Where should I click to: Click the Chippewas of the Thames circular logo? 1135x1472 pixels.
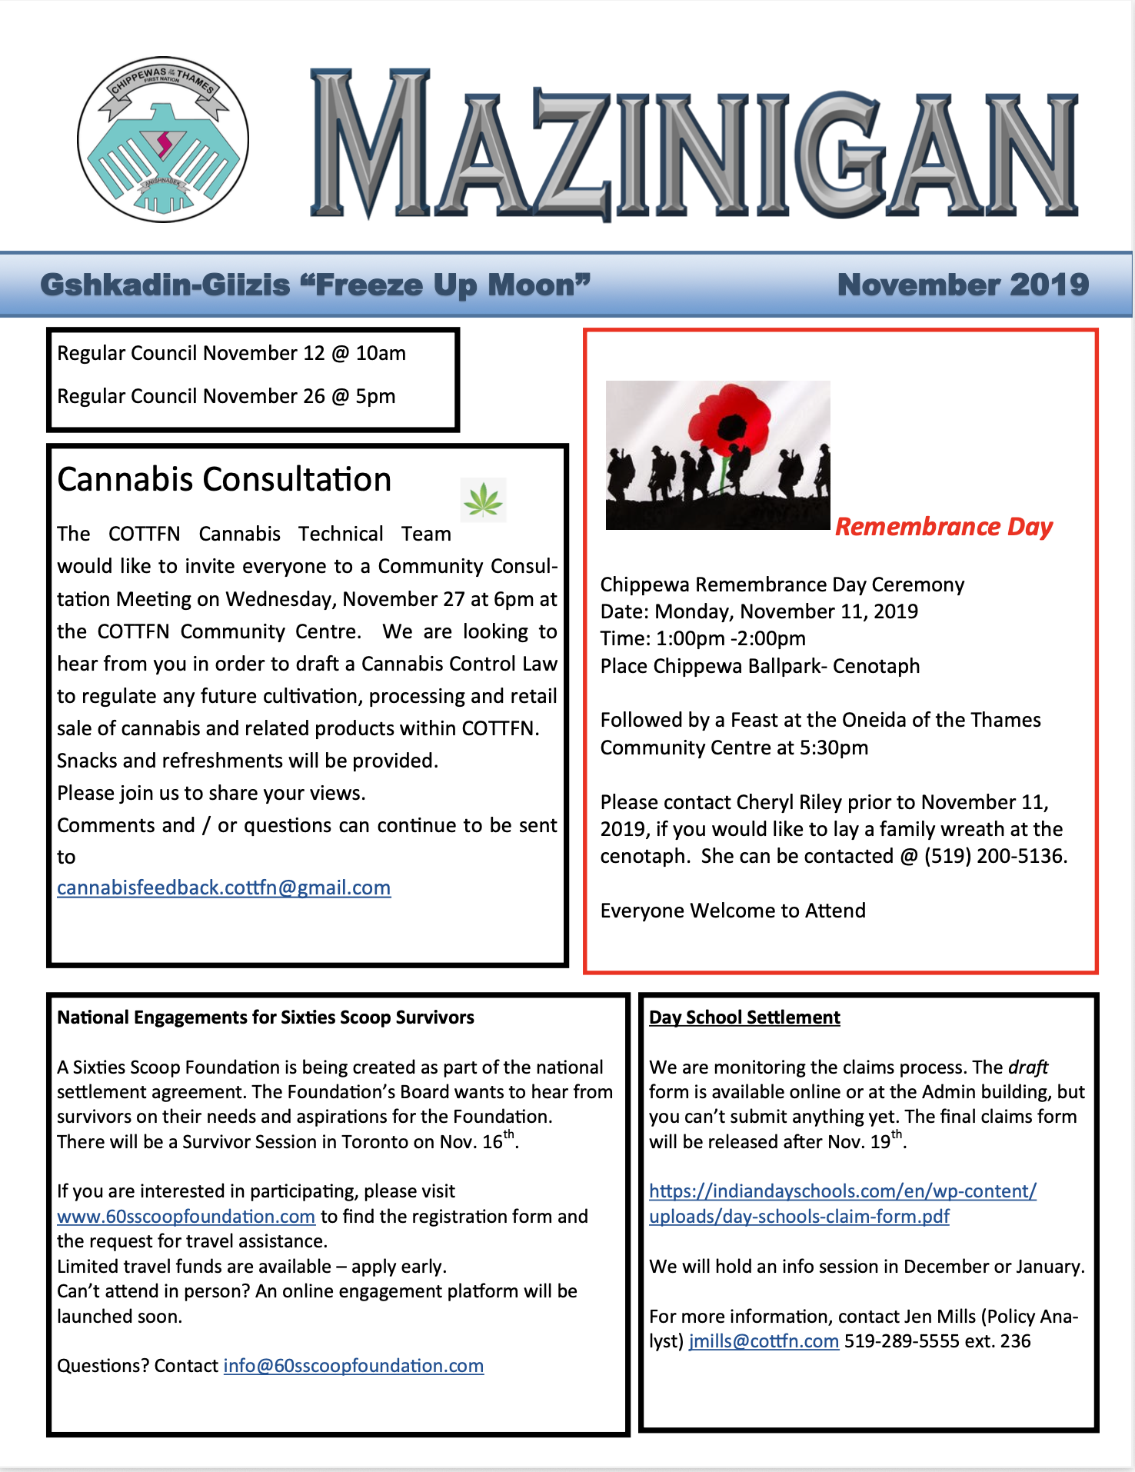(163, 140)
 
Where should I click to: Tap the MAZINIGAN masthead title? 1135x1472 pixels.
(694, 146)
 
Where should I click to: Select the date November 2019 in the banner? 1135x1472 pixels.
(963, 285)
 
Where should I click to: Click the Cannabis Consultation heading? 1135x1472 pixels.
(225, 479)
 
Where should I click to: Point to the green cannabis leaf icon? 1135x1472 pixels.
(483, 499)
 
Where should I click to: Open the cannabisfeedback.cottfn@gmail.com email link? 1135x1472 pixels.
(224, 888)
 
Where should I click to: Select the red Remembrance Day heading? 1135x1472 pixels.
(944, 527)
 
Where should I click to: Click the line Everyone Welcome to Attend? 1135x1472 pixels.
(733, 911)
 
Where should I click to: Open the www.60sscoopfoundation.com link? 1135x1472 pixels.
(186, 1216)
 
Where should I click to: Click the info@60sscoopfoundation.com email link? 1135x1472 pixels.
(353, 1365)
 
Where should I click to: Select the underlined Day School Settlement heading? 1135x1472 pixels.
(744, 1017)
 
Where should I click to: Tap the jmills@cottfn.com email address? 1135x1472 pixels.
(764, 1340)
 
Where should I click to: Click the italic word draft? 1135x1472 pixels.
(1028, 1067)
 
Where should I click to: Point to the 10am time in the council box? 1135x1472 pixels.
(381, 353)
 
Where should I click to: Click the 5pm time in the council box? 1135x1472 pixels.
(375, 396)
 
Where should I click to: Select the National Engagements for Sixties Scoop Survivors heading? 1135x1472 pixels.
(265, 1017)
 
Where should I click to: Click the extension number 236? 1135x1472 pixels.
(1015, 1340)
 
